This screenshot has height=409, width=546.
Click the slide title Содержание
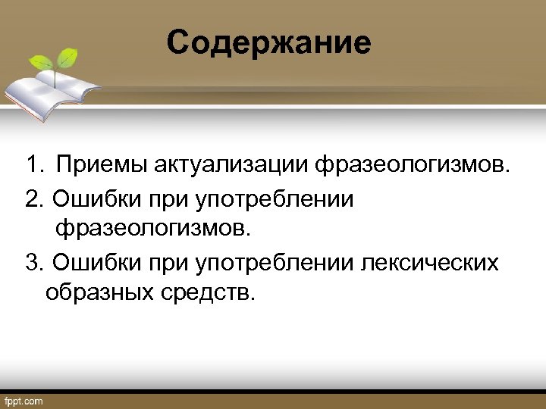(269, 42)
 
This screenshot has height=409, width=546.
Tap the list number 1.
(31, 164)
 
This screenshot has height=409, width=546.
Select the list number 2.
(32, 197)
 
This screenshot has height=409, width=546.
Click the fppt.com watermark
(24, 400)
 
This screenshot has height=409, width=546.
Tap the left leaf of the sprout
(42, 63)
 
